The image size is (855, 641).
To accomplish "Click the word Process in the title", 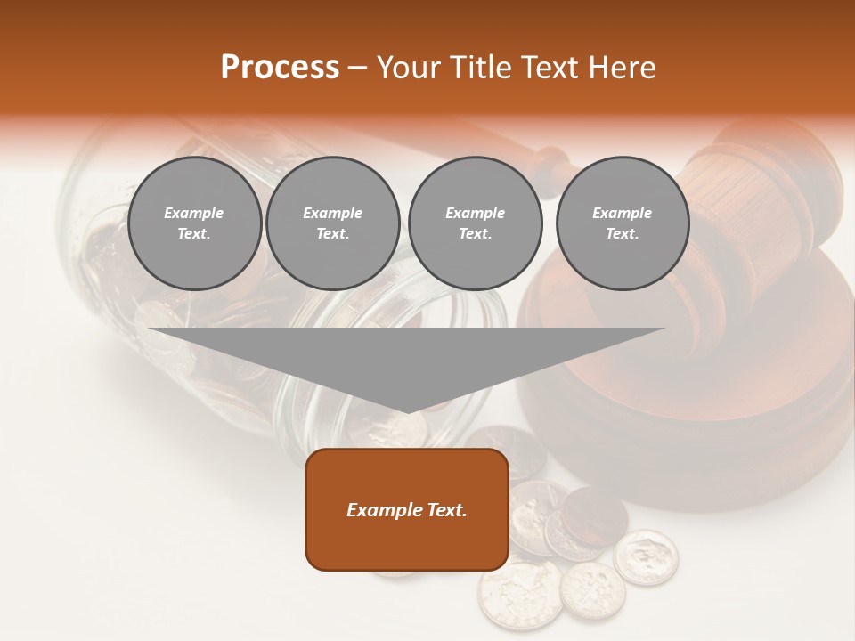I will (280, 68).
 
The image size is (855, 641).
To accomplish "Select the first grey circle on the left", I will (194, 223).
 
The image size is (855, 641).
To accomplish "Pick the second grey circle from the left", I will (332, 223).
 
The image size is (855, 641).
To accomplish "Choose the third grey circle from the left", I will (475, 223).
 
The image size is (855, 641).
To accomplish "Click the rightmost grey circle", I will (622, 223).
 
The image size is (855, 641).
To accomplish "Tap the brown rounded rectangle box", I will (407, 509).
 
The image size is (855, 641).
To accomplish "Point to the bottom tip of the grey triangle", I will (407, 411).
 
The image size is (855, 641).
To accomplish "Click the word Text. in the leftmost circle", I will (194, 234).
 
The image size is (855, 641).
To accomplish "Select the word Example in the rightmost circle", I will (622, 213).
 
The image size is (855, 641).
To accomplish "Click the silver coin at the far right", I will (646, 557).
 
